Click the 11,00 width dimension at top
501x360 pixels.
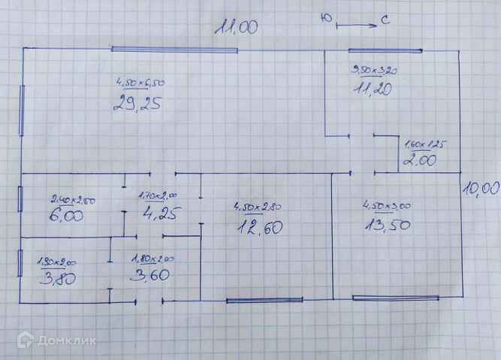click(x=236, y=28)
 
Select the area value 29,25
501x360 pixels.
click(x=137, y=104)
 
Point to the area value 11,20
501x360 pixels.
click(x=372, y=89)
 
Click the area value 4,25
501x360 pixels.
click(x=159, y=213)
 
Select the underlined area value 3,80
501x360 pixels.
click(x=56, y=279)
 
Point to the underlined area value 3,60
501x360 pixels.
click(x=150, y=275)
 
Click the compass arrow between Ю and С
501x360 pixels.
click(x=357, y=26)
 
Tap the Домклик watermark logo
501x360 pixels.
click(x=56, y=340)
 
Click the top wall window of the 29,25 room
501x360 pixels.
click(x=174, y=50)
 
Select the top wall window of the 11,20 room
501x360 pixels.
click(x=384, y=50)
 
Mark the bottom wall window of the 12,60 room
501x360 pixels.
click(x=264, y=301)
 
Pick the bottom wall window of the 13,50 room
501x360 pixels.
click(x=395, y=298)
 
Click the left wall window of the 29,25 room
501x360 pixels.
click(x=23, y=110)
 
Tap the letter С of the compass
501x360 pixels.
click(x=383, y=22)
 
